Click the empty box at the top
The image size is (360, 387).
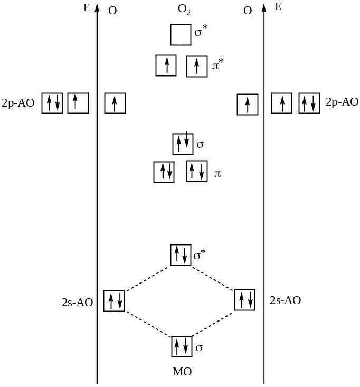click(x=181, y=35)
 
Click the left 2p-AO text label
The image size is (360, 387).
click(x=18, y=103)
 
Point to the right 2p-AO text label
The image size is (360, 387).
click(x=342, y=102)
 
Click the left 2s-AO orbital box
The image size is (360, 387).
click(x=114, y=301)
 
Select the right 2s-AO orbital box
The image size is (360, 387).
click(x=244, y=300)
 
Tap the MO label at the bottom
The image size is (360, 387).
click(x=182, y=372)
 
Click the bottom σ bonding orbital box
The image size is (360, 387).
click(x=181, y=346)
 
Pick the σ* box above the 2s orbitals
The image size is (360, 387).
click(x=181, y=255)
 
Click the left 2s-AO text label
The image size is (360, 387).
click(x=77, y=303)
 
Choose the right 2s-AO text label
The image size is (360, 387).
click(x=285, y=300)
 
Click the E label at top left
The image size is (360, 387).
click(x=87, y=8)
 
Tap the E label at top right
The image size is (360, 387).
click(x=278, y=7)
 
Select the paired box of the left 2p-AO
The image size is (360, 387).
click(x=52, y=103)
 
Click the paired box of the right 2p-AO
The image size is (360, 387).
click(x=309, y=103)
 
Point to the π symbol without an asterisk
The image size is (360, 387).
click(x=217, y=173)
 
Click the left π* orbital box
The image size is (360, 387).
click(x=166, y=65)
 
